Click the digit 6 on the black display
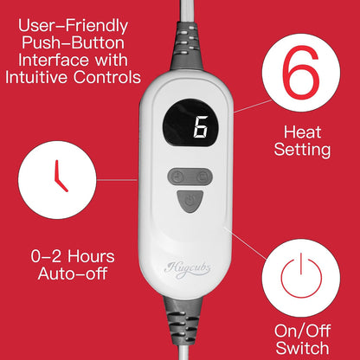tap(201, 127)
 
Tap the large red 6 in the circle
tap(301, 73)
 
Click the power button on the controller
tap(190, 201)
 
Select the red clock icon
tap(61, 176)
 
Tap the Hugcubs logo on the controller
tap(187, 270)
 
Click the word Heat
tap(302, 132)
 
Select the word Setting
tap(302, 151)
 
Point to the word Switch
tap(302, 348)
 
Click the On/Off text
tap(302, 331)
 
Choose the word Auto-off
tap(73, 273)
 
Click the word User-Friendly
tap(73, 26)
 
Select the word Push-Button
tap(73, 43)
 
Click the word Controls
tap(106, 77)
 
